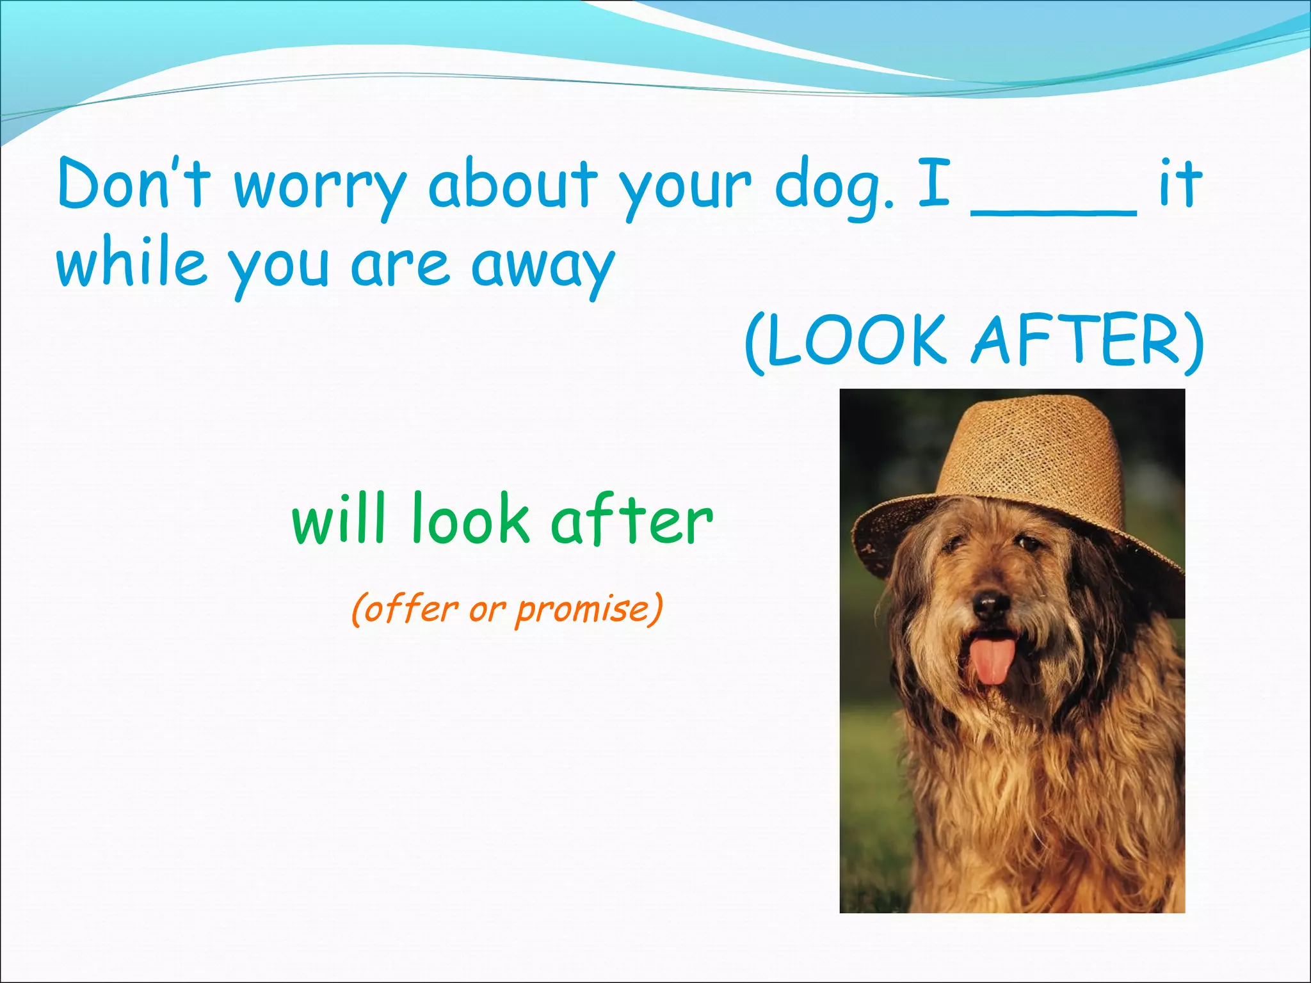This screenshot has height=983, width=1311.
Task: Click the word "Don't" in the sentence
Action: [134, 184]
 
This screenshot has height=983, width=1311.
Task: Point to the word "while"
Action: [132, 264]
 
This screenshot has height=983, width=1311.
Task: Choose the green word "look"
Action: [471, 520]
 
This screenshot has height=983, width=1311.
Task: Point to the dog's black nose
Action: [990, 602]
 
